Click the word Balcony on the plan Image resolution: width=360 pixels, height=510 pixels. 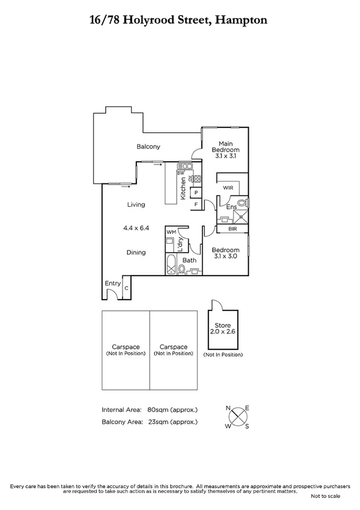pyautogui.click(x=148, y=147)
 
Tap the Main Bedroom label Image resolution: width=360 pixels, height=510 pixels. pyautogui.click(x=226, y=149)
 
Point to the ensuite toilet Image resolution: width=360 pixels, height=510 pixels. pyautogui.click(x=242, y=203)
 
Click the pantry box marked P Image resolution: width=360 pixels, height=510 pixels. pyautogui.click(x=195, y=193)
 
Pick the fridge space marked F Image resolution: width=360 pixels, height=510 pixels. pyautogui.click(x=195, y=205)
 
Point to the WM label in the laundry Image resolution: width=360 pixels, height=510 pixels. pyautogui.click(x=171, y=232)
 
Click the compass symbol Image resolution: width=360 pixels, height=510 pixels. pyautogui.click(x=238, y=416)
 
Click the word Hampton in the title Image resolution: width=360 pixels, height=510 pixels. pyautogui.click(x=242, y=20)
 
